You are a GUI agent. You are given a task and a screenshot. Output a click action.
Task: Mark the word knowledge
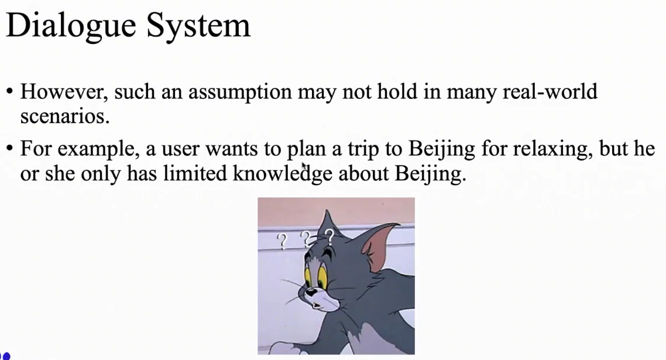point(283,174)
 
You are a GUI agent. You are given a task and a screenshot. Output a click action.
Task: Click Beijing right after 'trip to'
point(441,150)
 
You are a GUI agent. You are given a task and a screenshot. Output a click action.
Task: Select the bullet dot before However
point(9,92)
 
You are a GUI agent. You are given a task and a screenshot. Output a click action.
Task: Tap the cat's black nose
point(311,290)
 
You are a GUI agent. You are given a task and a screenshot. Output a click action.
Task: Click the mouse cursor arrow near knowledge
point(304,167)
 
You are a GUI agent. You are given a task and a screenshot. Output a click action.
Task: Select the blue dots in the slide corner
point(5,355)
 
